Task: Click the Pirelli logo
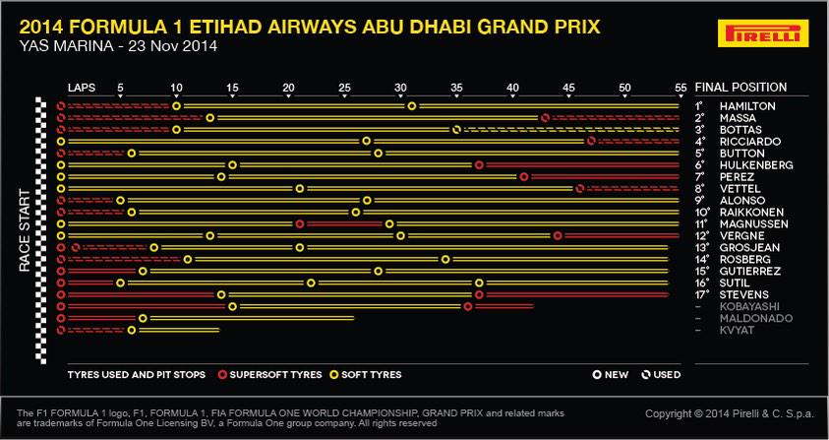tap(763, 32)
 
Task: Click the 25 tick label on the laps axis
tap(345, 88)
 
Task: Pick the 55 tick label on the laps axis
tap(681, 88)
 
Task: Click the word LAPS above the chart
tap(82, 88)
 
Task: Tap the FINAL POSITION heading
tap(740, 88)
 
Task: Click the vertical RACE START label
tap(25, 231)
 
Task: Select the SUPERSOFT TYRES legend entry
tap(270, 375)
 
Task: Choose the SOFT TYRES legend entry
tap(366, 375)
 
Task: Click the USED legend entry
tap(661, 375)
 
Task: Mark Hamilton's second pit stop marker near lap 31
tap(412, 106)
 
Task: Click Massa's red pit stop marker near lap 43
tap(545, 118)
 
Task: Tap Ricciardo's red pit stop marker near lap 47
tap(592, 142)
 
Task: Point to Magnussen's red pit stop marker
tap(300, 224)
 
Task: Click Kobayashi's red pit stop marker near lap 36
tap(468, 306)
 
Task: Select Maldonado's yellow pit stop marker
tap(143, 318)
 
